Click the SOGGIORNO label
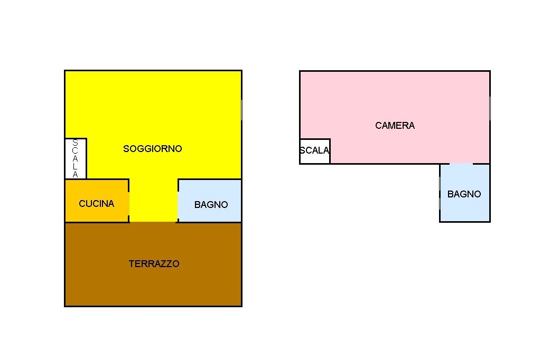(x=153, y=149)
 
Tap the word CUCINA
(x=97, y=203)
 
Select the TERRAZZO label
(x=154, y=264)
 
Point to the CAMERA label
(x=395, y=125)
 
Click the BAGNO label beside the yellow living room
(x=211, y=204)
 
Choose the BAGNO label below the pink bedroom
(x=464, y=194)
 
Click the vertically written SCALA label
(x=75, y=158)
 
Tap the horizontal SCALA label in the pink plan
(x=314, y=150)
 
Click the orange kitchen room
(x=97, y=201)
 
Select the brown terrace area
(x=153, y=264)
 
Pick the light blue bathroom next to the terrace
(x=209, y=201)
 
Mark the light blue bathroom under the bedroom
(x=465, y=193)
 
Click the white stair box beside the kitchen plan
(x=76, y=158)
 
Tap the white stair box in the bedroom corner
(x=315, y=151)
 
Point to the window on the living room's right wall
(x=241, y=110)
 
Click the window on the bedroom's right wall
(x=490, y=108)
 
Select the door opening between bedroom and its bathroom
(x=461, y=164)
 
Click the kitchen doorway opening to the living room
(x=129, y=204)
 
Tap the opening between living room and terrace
(x=153, y=222)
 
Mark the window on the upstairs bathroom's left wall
(x=440, y=193)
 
